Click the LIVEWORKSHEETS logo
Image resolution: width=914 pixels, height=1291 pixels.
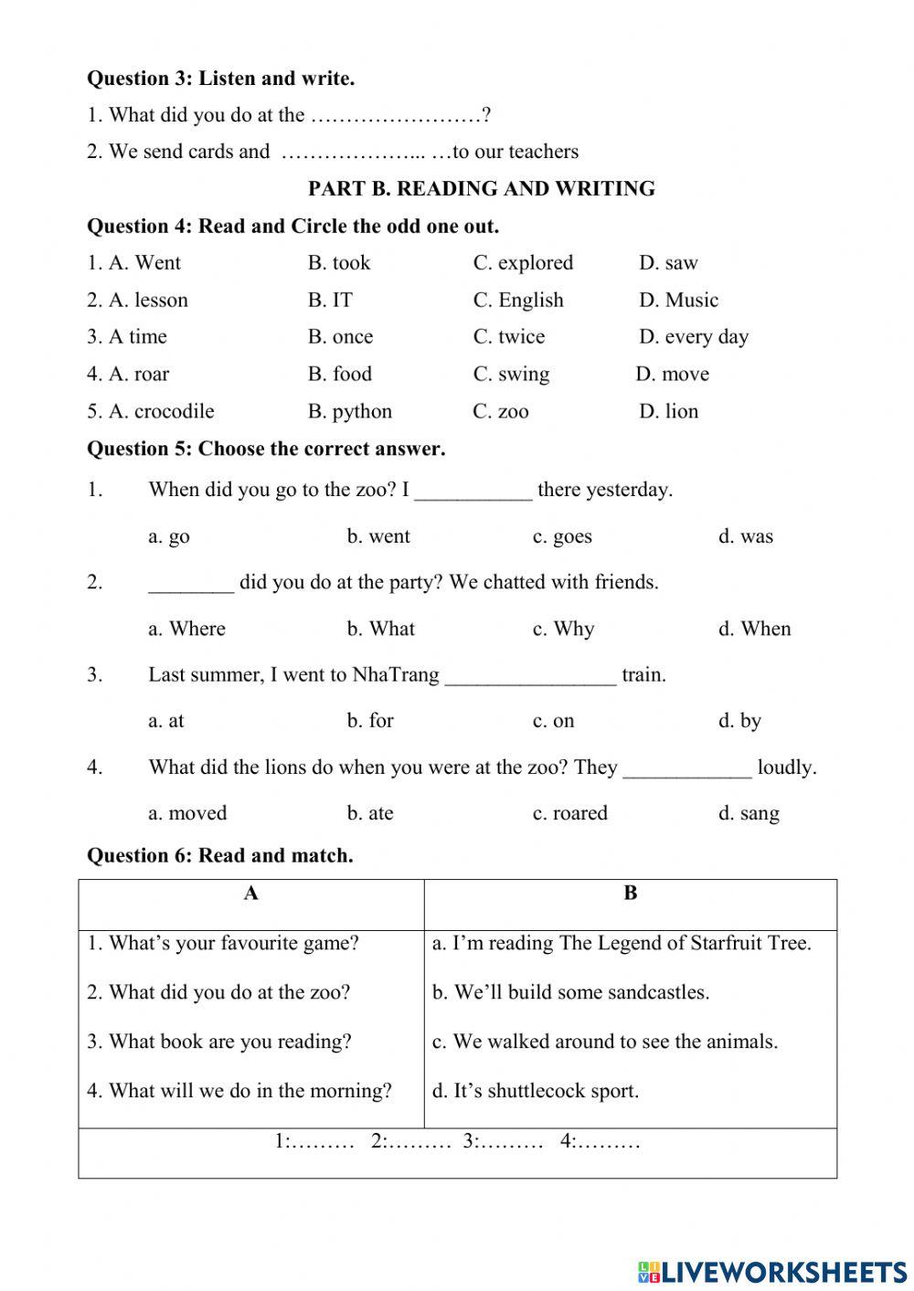pyautogui.click(x=772, y=1271)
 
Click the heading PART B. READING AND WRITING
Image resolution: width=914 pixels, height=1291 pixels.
pyautogui.click(x=481, y=189)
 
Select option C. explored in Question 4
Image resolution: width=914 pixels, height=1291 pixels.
pyautogui.click(x=523, y=263)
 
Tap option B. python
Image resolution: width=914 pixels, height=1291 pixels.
pyautogui.click(x=349, y=411)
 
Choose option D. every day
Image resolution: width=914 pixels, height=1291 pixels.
pyautogui.click(x=693, y=337)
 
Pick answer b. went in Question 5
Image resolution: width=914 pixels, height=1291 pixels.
pyautogui.click(x=378, y=536)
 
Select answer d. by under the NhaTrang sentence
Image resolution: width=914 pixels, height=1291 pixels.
pyautogui.click(x=739, y=721)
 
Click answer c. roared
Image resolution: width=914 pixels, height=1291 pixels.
pyautogui.click(x=569, y=813)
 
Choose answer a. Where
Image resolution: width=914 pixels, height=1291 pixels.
pyautogui.click(x=186, y=629)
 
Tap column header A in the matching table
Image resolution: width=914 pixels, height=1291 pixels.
pyautogui.click(x=251, y=894)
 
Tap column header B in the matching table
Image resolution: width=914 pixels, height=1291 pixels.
pyautogui.click(x=630, y=894)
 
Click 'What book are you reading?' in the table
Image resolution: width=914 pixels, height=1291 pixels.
pyautogui.click(x=219, y=1042)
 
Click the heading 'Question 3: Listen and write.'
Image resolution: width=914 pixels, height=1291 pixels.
pyautogui.click(x=220, y=79)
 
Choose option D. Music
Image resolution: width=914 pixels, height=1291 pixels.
pyautogui.click(x=678, y=301)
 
